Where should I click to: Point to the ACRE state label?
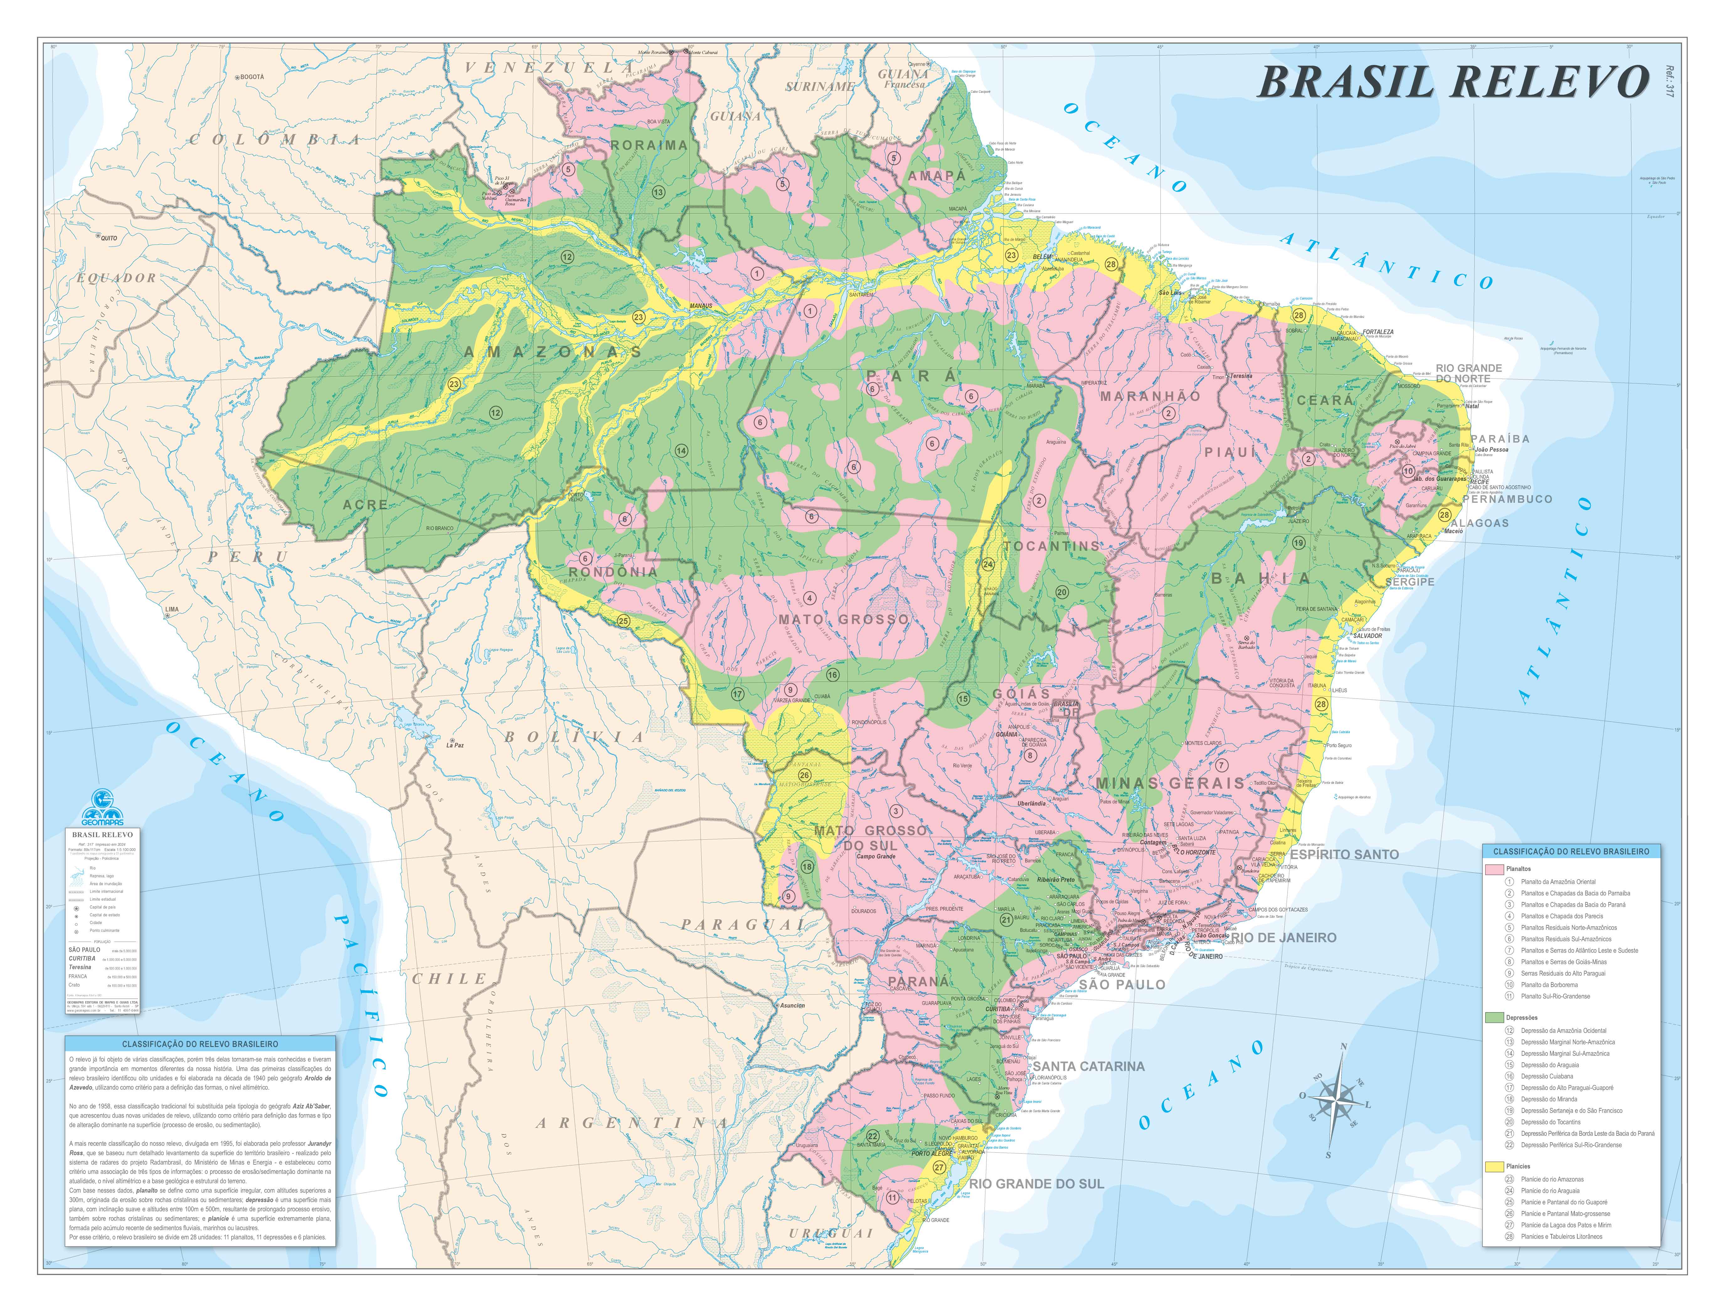click(x=365, y=504)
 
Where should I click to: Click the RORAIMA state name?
click(x=649, y=145)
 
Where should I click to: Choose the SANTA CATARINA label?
click(x=1089, y=1066)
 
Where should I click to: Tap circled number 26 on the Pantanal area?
click(x=804, y=775)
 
